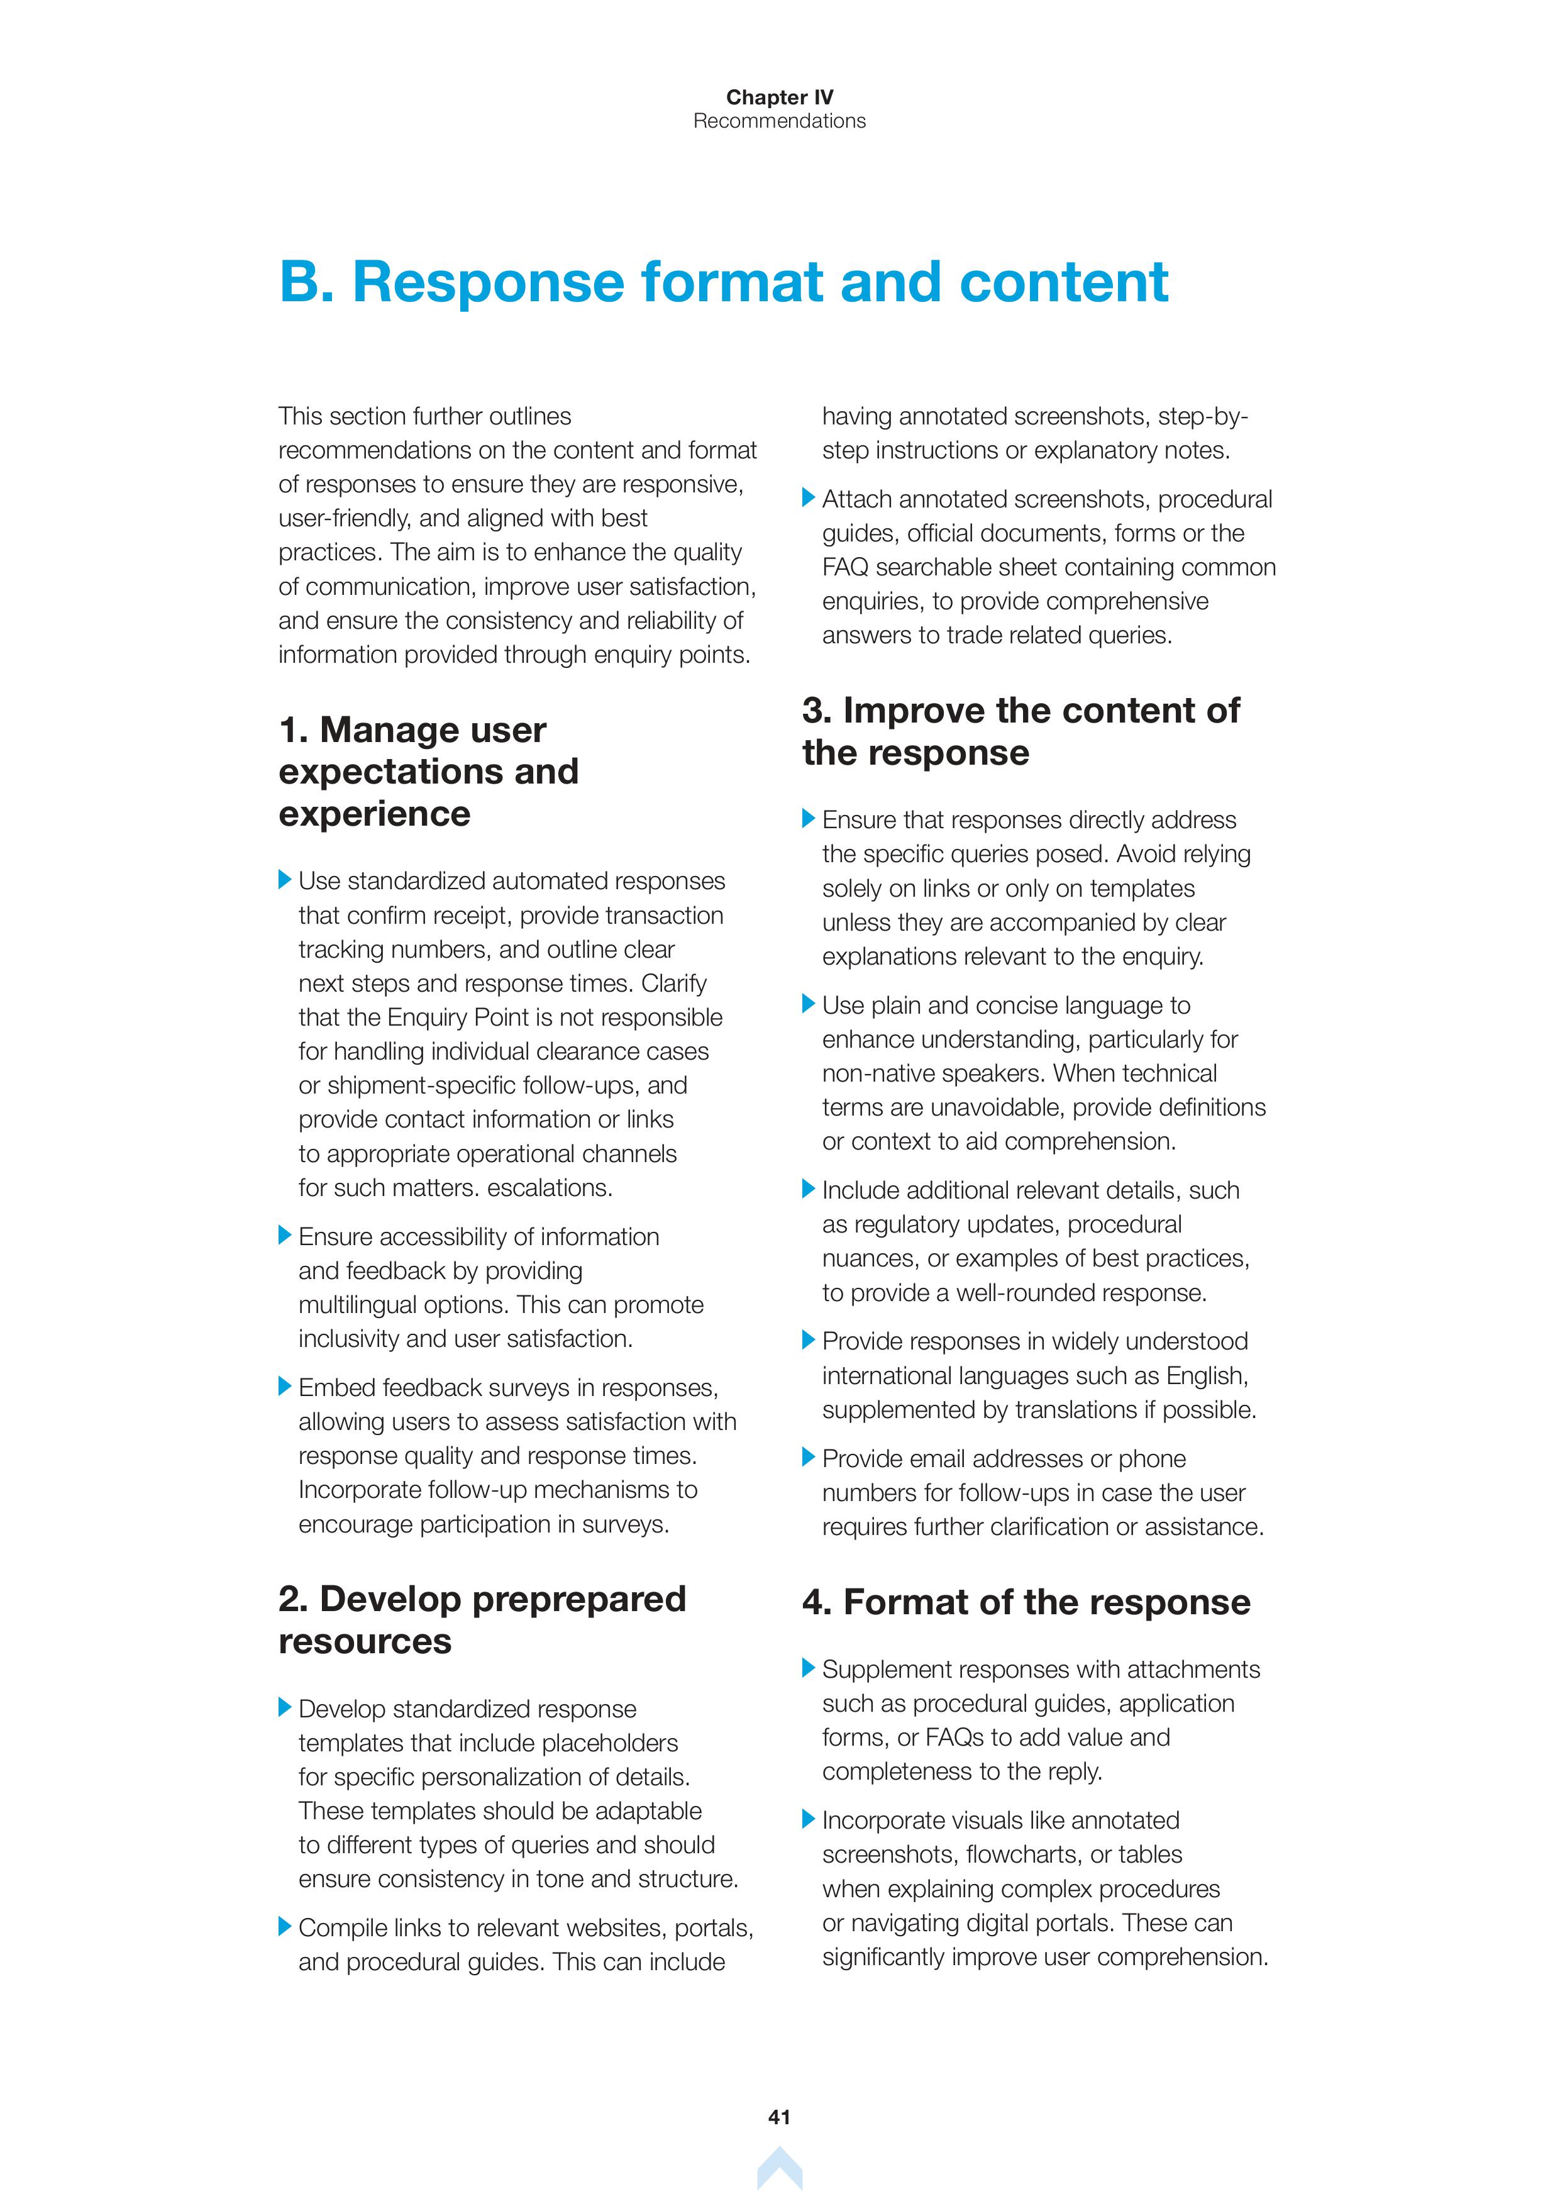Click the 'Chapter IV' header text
[x=779, y=97]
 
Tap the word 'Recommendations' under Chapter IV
[x=779, y=121]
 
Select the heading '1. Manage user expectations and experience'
[x=428, y=772]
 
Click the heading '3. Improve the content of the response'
[x=1020, y=731]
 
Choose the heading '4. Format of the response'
[x=1026, y=1602]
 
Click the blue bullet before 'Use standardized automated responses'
[x=284, y=879]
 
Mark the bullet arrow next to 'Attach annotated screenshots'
[x=808, y=497]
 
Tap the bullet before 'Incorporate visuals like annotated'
[x=808, y=1819]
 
